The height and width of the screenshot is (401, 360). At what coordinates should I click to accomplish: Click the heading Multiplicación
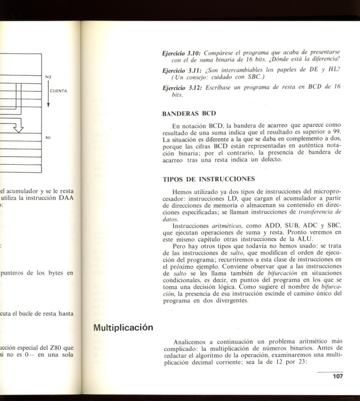click(123, 328)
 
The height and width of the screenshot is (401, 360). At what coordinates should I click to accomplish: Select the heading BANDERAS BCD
click(189, 113)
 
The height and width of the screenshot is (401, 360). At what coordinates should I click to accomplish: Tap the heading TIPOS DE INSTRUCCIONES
click(209, 179)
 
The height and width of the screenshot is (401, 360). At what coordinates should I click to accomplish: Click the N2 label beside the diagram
click(48, 77)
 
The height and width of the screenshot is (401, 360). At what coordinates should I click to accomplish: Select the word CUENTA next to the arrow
click(59, 91)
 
